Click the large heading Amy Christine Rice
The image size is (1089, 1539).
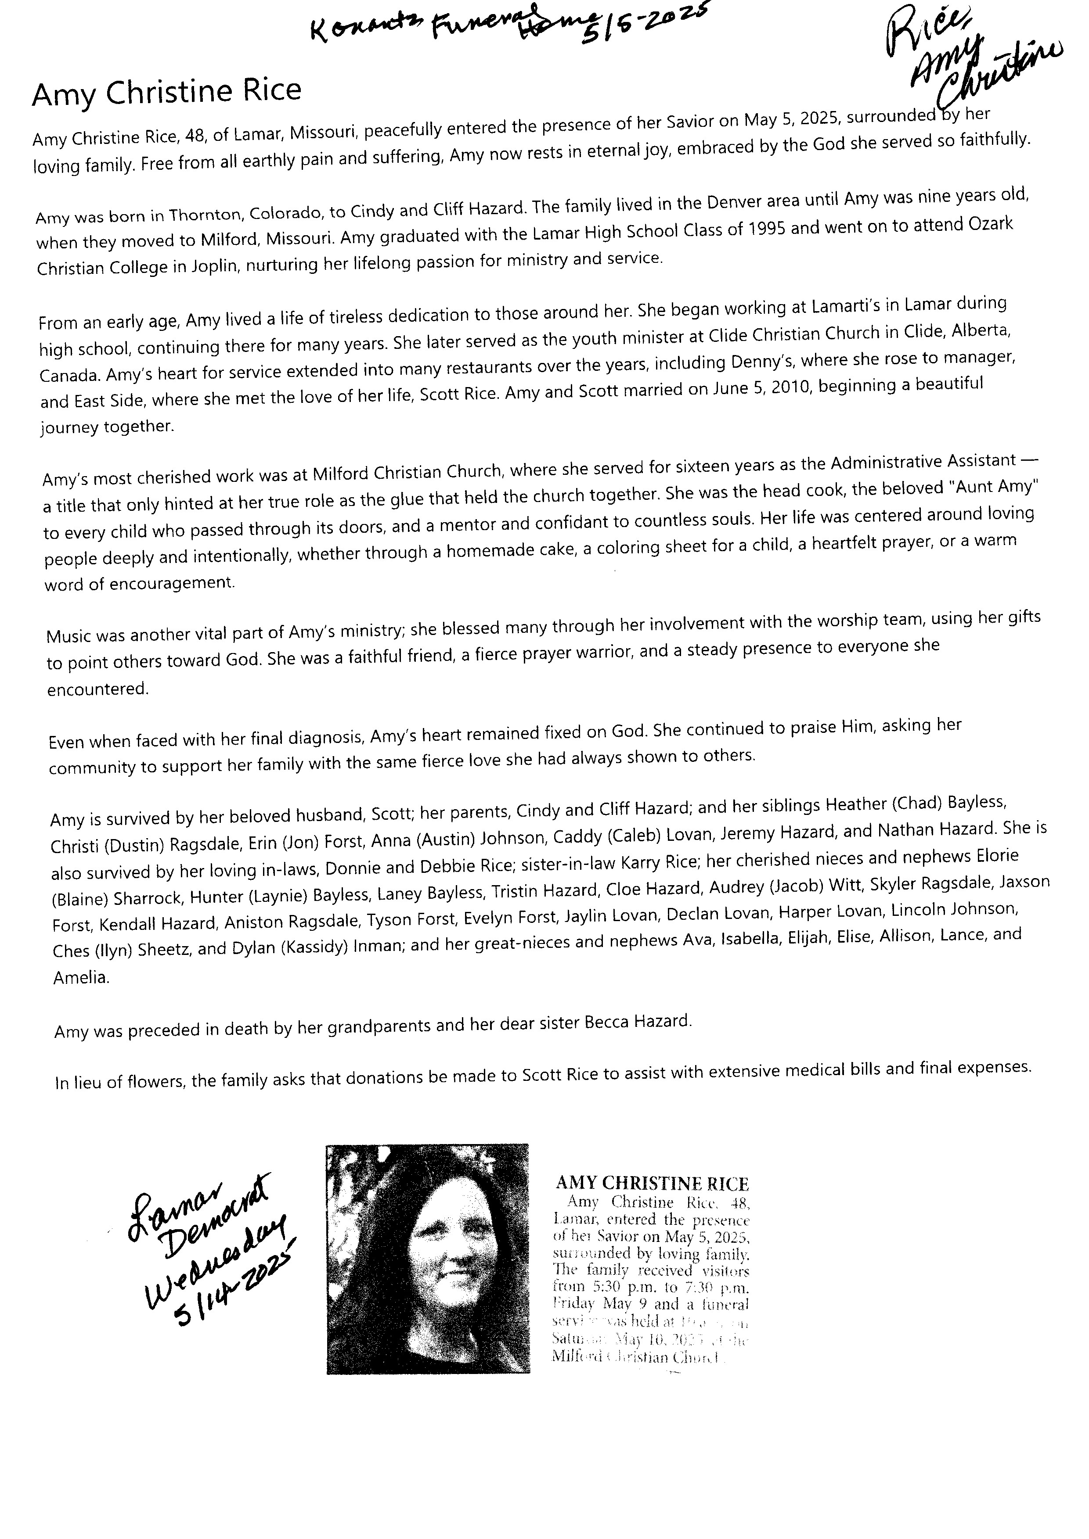click(x=166, y=93)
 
